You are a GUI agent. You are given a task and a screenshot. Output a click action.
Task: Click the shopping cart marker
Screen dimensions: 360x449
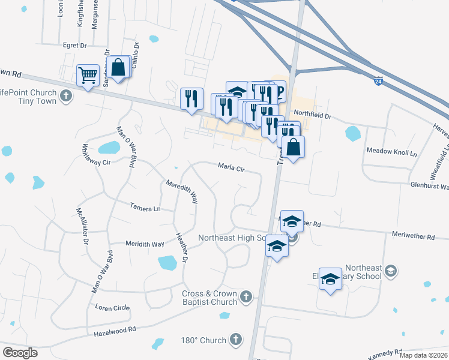coord(88,76)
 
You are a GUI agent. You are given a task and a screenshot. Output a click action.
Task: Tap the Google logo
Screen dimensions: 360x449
coord(20,352)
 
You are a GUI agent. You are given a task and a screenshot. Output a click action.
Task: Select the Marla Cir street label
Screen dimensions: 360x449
coord(231,167)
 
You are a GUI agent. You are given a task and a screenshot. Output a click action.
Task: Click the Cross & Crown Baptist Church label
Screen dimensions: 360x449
coord(209,297)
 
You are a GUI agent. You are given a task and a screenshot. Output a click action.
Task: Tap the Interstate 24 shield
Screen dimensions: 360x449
coord(378,80)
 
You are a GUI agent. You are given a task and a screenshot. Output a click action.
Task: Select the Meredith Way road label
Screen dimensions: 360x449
coord(182,191)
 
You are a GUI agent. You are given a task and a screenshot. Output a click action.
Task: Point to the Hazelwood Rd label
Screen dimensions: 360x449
coord(115,329)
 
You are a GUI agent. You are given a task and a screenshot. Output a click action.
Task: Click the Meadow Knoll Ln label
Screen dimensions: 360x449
coord(391,152)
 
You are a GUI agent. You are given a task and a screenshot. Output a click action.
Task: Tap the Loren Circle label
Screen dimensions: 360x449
coord(112,308)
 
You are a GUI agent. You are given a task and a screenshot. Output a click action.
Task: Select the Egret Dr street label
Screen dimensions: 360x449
coord(75,45)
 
